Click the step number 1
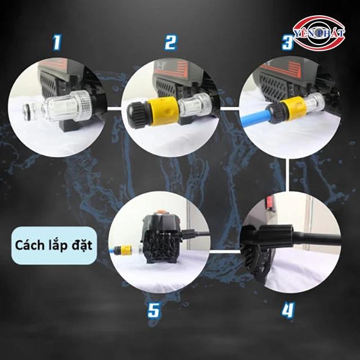[56, 43]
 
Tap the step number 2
[170, 43]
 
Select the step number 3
[287, 42]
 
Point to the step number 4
[288, 310]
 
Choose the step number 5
[154, 310]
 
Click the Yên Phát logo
[319, 33]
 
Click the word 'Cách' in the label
[29, 245]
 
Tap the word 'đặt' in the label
[82, 245]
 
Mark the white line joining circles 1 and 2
[114, 107]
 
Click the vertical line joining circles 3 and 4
[287, 175]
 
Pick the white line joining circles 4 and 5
[225, 251]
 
